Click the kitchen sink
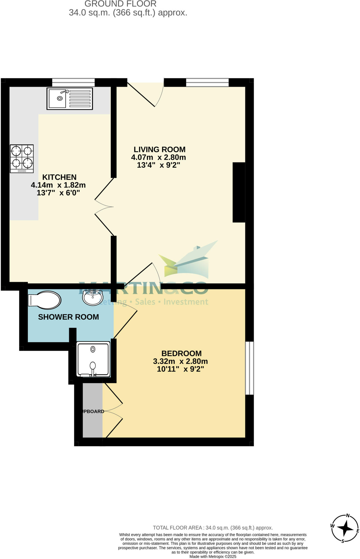pos(70,99)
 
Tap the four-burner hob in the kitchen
pos(22,159)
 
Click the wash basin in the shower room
pos(93,297)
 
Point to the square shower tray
pos(93,359)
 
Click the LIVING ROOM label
pos(160,150)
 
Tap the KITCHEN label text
pos(59,177)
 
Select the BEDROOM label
pos(181,353)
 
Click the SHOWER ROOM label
pos(68,317)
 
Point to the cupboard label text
pos(93,411)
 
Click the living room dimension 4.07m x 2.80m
pos(158,157)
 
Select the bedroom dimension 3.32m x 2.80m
pos(180,361)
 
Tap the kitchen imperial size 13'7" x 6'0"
pos(58,193)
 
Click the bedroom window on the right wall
pos(249,368)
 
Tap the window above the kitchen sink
pos(73,82)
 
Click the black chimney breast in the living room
pos(239,192)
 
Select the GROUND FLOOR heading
pos(120,4)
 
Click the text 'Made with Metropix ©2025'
pos(213,557)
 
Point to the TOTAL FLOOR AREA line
pos(213,528)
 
